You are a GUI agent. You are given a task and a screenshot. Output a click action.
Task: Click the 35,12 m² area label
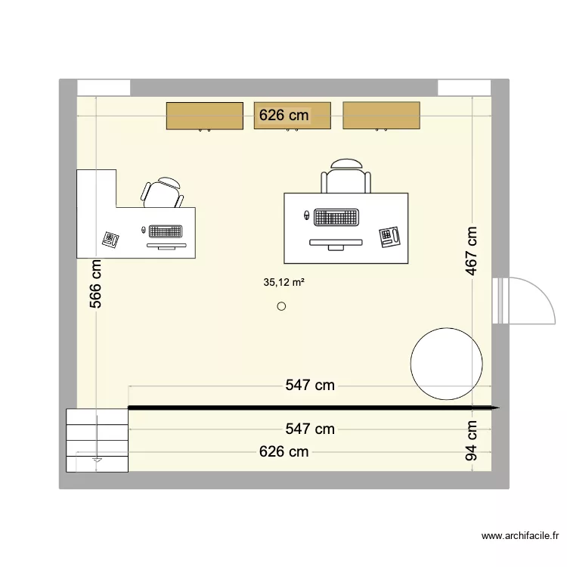(x=283, y=283)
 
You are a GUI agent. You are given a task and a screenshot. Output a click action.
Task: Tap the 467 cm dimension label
(x=472, y=250)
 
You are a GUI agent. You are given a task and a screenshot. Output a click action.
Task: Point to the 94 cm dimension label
(x=472, y=441)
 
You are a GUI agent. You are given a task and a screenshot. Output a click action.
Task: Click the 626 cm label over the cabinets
(x=284, y=115)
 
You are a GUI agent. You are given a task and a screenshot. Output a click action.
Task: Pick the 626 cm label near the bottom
(x=284, y=452)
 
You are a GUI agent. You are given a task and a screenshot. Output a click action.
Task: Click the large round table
(x=446, y=364)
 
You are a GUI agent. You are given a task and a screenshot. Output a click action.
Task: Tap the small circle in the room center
(x=282, y=306)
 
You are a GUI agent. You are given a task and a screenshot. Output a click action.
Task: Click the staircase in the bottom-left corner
(x=97, y=440)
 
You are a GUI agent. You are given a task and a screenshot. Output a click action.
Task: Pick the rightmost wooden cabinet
(x=381, y=115)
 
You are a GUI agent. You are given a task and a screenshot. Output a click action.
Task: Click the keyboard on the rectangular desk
(x=336, y=218)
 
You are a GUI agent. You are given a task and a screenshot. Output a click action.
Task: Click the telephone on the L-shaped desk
(x=111, y=239)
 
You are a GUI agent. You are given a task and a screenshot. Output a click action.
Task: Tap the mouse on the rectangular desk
(x=306, y=216)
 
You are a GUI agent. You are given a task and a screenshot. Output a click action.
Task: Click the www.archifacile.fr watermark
(x=519, y=537)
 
